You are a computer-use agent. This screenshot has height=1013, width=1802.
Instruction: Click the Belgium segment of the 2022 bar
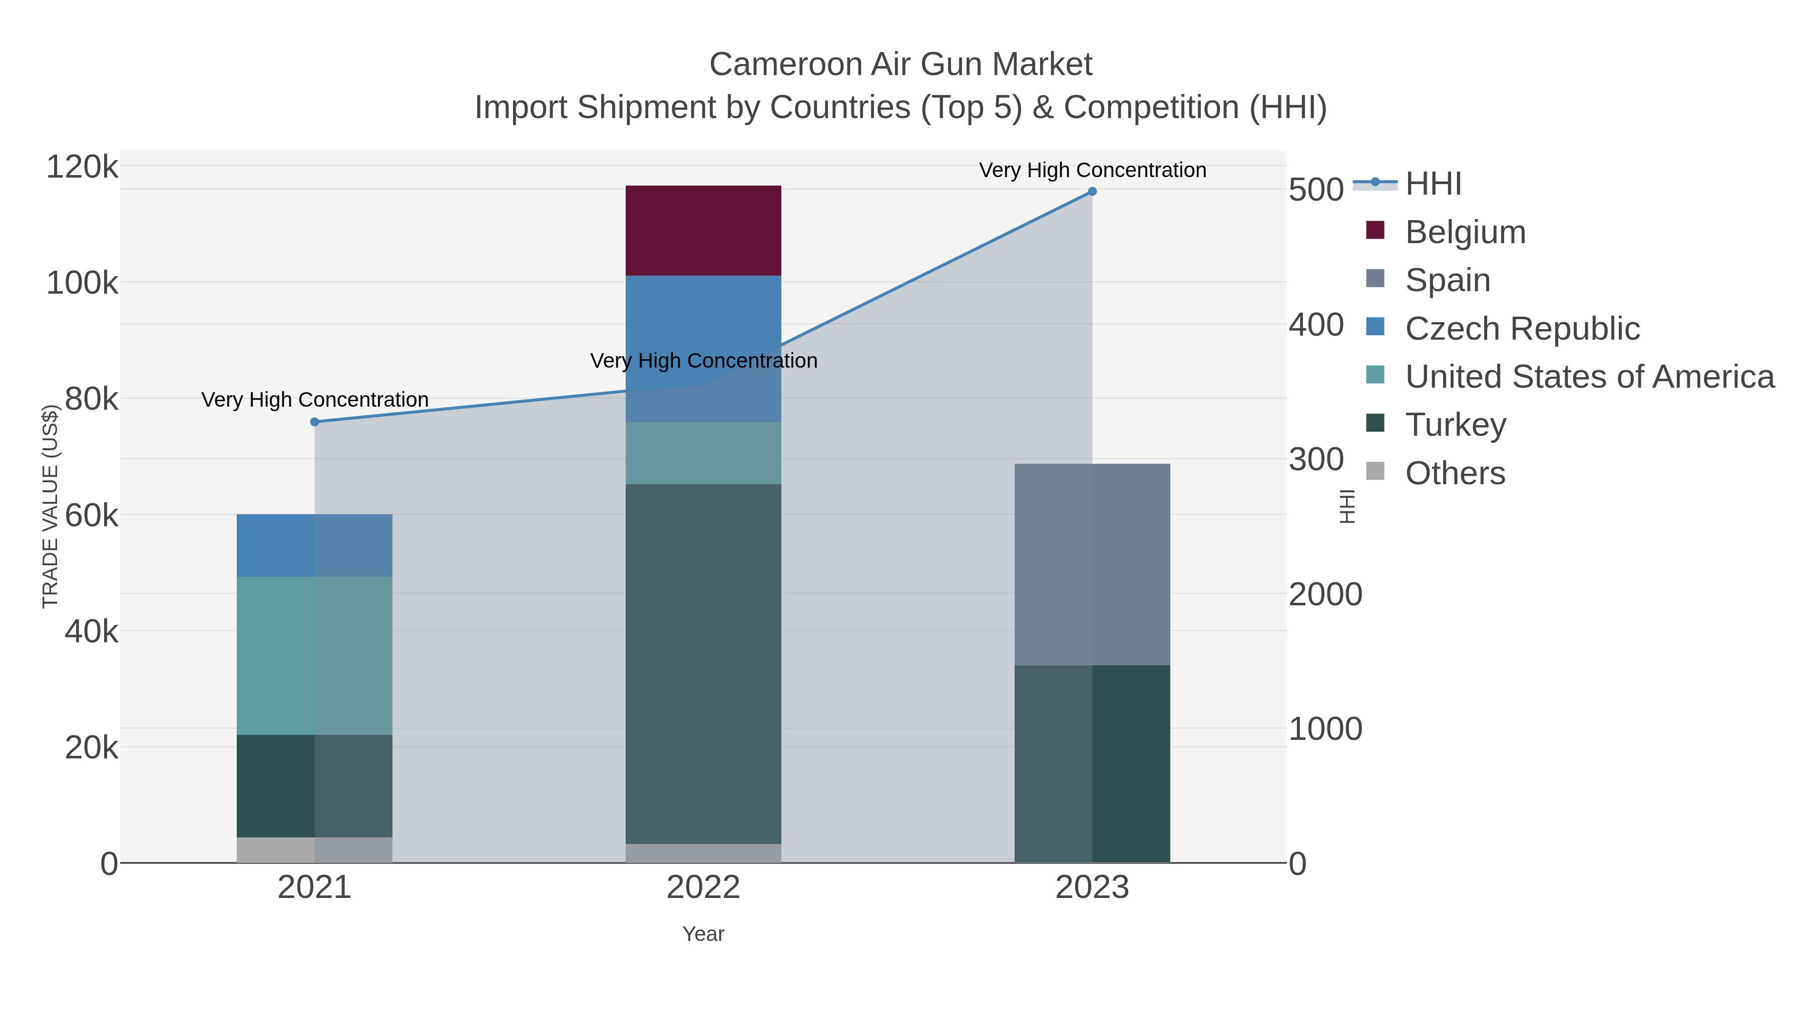(703, 231)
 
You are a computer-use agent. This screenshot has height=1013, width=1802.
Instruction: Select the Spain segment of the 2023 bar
(1092, 564)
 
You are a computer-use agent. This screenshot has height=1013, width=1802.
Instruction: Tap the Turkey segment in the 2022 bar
(703, 664)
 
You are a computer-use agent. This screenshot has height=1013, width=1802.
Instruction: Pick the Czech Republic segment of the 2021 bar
(314, 545)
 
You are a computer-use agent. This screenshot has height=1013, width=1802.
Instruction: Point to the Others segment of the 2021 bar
(314, 849)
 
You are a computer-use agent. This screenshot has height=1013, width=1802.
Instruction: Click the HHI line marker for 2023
(1092, 192)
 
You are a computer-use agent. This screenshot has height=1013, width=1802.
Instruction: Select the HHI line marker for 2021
(314, 422)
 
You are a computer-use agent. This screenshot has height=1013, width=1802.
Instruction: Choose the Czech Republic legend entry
(1522, 329)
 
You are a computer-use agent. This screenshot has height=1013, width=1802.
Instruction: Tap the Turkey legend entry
(1455, 425)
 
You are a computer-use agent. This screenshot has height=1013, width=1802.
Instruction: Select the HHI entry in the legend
(1433, 184)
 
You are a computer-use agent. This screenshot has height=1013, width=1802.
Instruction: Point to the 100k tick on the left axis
(82, 284)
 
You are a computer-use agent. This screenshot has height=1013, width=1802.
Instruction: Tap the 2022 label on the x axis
(703, 888)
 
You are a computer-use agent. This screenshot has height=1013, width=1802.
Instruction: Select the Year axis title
(703, 934)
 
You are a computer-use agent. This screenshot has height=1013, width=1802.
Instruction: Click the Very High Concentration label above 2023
(1092, 170)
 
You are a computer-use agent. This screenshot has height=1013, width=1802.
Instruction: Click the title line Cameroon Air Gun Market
(900, 65)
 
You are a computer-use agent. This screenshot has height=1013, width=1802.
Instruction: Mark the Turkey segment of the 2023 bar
(1092, 763)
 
